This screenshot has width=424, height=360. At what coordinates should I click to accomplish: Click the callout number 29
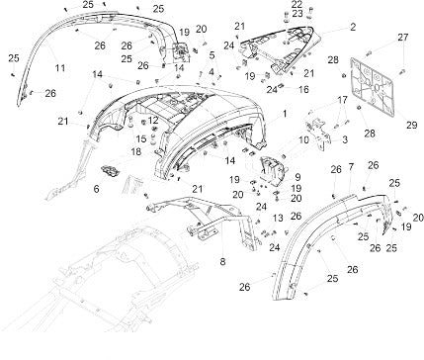pos(411,126)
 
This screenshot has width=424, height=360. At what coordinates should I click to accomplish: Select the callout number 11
pos(60,68)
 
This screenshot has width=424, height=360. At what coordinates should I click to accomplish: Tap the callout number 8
pos(222,262)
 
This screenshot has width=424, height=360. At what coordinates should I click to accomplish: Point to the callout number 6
pos(96,189)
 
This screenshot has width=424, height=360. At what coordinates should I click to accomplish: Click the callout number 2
pos(353,27)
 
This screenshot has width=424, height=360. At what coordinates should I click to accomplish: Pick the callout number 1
pos(284,114)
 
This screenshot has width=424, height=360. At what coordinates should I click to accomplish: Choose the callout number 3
pos(345,139)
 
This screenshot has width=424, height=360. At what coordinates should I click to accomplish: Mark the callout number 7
pos(351,167)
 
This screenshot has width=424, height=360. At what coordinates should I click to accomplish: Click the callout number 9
pos(297,177)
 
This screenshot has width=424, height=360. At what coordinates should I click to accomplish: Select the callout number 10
pos(303,139)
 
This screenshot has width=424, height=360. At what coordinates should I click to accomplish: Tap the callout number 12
pos(153,121)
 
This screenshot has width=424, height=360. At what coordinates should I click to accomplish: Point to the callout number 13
pos(278,218)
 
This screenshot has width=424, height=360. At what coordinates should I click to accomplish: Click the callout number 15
pos(141,138)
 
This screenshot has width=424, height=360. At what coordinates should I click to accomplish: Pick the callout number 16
pos(303,89)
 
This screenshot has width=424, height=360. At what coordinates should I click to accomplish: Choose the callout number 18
pos(136,152)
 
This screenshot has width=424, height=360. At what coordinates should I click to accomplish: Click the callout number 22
pos(297,4)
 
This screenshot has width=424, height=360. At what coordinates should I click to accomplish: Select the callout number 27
pos(402,38)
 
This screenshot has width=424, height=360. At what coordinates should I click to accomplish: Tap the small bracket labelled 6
pos(110,172)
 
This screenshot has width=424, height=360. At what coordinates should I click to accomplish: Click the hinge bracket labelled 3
pos(318,135)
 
